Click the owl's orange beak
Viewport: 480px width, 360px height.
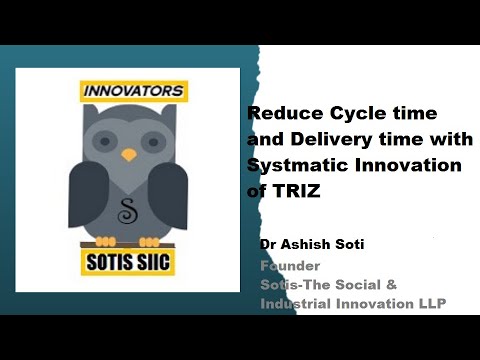[128, 155]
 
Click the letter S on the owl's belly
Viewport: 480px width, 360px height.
[128, 211]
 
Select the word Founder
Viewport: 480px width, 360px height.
[289, 266]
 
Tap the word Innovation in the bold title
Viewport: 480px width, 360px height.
[419, 164]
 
